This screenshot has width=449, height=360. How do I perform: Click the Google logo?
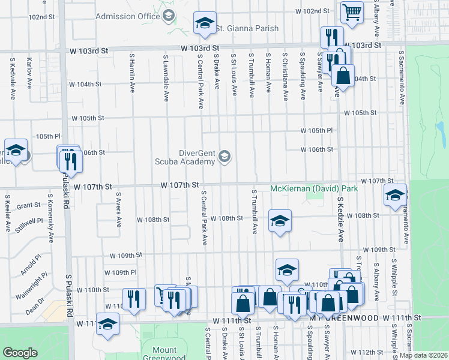[20, 353]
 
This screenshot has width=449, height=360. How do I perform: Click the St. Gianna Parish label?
[247, 28]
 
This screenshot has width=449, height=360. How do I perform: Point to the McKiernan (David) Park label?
[314, 188]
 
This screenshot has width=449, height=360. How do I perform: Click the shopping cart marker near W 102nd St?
[352, 11]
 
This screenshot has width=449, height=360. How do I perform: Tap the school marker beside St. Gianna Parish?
[205, 24]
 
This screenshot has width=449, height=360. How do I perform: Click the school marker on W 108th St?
[280, 221]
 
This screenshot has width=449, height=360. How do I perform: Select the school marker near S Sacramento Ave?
[395, 195]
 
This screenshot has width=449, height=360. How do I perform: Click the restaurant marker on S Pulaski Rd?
[71, 161]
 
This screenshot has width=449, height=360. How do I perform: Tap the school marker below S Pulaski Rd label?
[108, 324]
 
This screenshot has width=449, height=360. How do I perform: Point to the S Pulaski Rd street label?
[68, 301]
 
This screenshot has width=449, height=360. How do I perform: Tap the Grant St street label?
[28, 206]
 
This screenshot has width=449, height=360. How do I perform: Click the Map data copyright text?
[423, 355]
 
